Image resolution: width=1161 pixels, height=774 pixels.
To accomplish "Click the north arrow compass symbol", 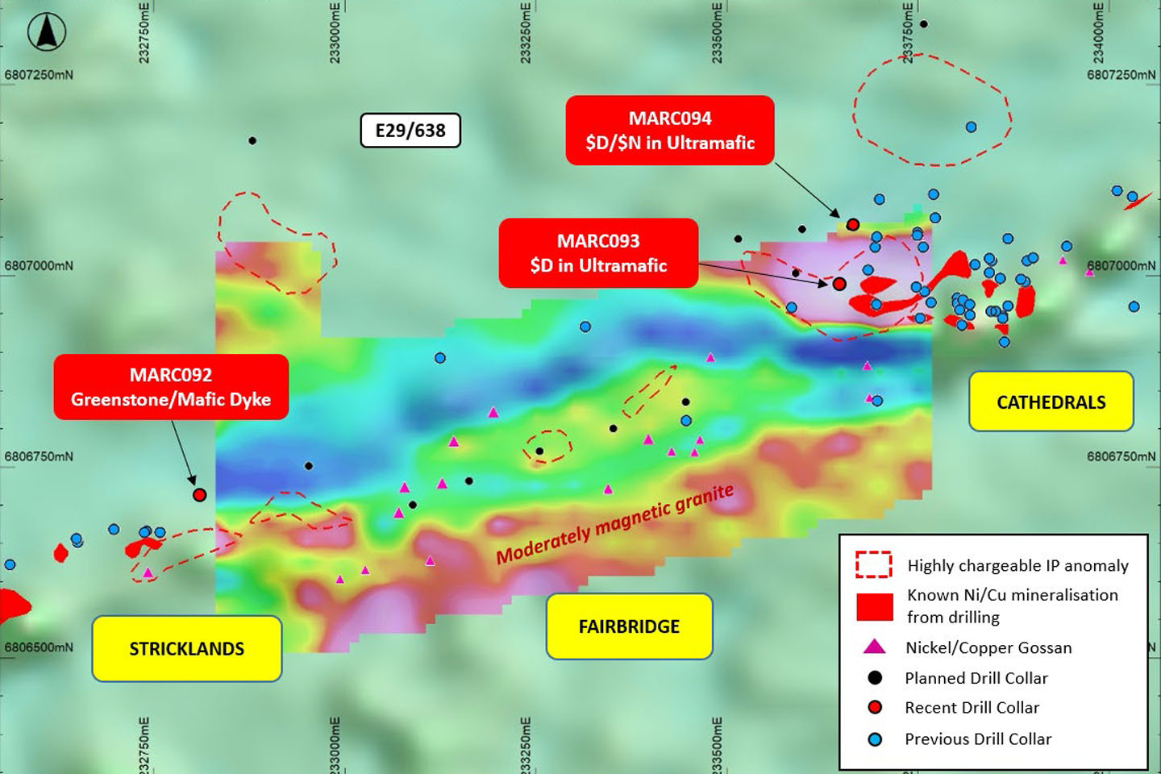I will click(x=46, y=33).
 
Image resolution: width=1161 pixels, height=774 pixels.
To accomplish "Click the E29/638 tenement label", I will click(x=410, y=131).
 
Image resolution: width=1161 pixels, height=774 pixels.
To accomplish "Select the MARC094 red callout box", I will click(x=670, y=131).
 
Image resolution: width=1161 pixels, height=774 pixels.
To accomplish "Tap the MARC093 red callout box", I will click(x=598, y=253).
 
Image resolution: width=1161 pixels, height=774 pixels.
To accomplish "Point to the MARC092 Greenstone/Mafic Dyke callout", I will click(x=171, y=387).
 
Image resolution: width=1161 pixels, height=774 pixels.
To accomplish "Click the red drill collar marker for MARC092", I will click(x=199, y=494).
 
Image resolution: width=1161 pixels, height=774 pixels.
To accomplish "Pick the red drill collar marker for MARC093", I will click(x=838, y=284).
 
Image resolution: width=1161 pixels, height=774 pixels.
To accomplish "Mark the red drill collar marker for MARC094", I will click(x=853, y=225).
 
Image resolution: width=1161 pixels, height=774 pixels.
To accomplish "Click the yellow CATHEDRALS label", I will click(x=1051, y=402).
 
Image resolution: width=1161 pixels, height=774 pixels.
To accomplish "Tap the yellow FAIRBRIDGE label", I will click(x=629, y=626).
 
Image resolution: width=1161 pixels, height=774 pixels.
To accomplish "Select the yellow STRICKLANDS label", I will click(x=186, y=649).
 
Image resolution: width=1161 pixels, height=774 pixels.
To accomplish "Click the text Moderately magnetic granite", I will click(x=614, y=525).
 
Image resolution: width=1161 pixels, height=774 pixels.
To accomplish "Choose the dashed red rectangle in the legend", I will click(x=874, y=565).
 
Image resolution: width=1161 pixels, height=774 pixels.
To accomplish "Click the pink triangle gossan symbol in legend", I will click(x=874, y=647).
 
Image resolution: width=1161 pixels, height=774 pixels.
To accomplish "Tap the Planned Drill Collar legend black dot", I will click(x=875, y=678).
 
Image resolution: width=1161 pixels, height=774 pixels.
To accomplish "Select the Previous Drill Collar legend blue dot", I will click(x=875, y=739).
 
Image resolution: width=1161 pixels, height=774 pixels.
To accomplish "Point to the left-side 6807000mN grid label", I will click(x=39, y=266).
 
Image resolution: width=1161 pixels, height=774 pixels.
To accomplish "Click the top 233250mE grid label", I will click(x=526, y=32).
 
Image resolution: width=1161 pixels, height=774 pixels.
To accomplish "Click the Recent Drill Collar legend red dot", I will click(x=875, y=708).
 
